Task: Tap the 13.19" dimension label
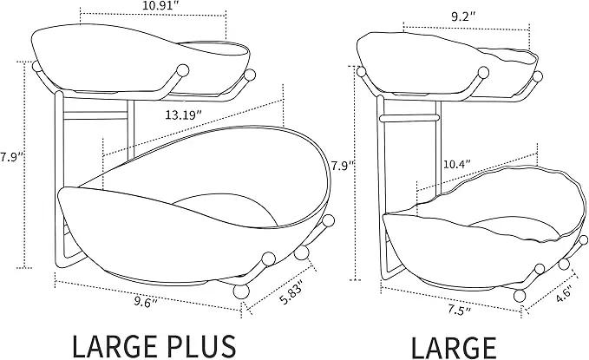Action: [x=182, y=115]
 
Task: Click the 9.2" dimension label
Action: [x=463, y=16]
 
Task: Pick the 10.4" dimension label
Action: [x=457, y=164]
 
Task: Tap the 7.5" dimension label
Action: [x=459, y=310]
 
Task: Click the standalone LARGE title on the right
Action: [x=454, y=347]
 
